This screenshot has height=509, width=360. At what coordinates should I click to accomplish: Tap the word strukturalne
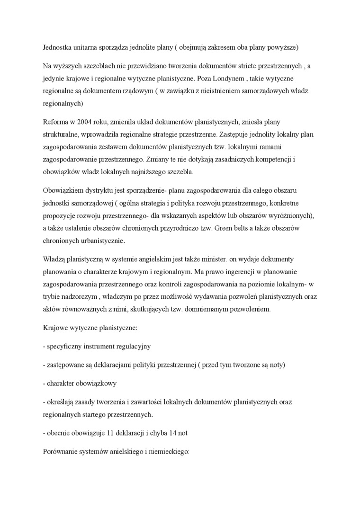(x=60, y=135)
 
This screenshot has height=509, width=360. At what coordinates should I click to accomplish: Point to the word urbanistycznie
(x=100, y=241)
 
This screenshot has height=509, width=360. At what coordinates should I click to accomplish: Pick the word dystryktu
(x=101, y=190)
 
